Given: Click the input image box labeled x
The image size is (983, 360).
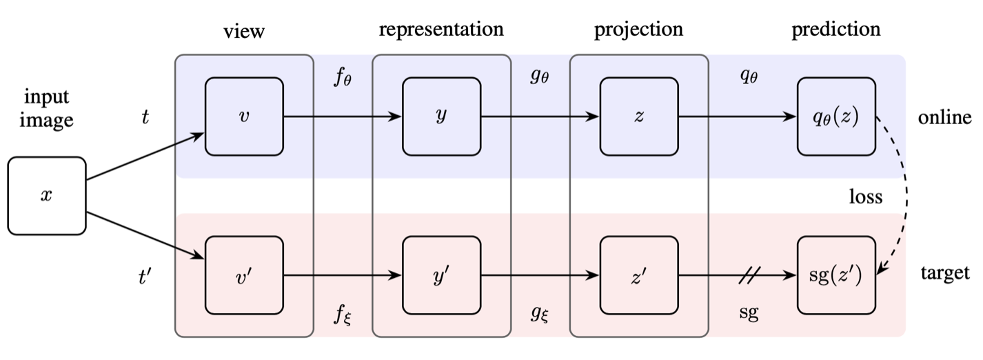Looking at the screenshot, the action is click(x=47, y=196).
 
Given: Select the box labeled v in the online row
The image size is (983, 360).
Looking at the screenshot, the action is click(x=244, y=117).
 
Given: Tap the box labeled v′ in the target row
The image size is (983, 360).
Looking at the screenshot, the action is click(x=244, y=275).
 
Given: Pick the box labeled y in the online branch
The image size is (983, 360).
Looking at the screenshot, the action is click(x=441, y=117).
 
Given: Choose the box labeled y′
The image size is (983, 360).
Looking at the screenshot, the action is click(x=441, y=275).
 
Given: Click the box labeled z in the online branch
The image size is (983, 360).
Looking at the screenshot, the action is click(x=639, y=117).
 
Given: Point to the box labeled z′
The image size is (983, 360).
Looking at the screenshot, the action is click(x=639, y=275).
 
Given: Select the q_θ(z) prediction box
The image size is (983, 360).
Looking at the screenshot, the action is click(x=836, y=117).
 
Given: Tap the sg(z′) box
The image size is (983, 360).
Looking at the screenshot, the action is click(x=836, y=275).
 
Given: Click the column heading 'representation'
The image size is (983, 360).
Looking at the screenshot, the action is click(x=441, y=30).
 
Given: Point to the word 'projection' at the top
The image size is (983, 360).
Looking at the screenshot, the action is click(x=638, y=30).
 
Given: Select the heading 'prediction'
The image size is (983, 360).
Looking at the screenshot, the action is click(x=836, y=30).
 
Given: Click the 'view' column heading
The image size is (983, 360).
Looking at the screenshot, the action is click(x=244, y=32).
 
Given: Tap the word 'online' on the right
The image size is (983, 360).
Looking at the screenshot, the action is click(x=945, y=117).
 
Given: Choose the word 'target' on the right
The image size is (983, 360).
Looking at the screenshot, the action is click(x=945, y=273).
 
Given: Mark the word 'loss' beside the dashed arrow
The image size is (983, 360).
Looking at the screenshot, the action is click(x=866, y=197).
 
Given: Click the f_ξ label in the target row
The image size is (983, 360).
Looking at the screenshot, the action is click(x=343, y=314).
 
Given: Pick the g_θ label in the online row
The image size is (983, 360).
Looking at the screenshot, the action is click(x=539, y=76).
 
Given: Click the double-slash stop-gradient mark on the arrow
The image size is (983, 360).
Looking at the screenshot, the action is click(x=749, y=275).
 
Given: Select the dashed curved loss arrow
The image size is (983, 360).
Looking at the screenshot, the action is click(x=906, y=197).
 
